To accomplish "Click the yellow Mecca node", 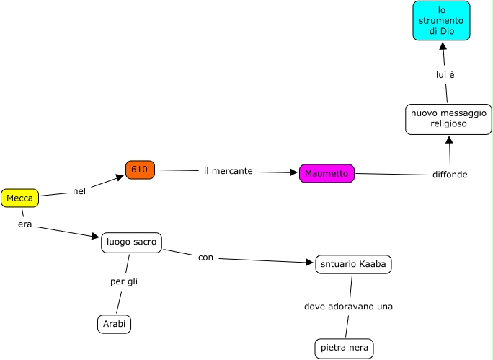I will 19,198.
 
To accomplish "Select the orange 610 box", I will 140,170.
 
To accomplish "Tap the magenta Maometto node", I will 327,174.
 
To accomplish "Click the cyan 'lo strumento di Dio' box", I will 441,21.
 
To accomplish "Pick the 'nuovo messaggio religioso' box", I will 448,119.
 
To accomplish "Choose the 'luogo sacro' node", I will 131,242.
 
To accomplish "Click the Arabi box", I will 114,325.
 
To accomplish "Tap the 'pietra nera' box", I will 344,348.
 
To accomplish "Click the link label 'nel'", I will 79,191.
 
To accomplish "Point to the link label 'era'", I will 25,224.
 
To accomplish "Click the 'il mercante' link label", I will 228,171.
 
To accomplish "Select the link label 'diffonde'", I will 450,175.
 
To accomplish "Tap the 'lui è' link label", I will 445,74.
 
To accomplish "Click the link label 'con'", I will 205,258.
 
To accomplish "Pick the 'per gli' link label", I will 124,281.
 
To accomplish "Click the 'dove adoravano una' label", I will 348,307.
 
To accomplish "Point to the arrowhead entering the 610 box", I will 120,176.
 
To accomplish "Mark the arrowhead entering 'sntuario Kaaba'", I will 310,263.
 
